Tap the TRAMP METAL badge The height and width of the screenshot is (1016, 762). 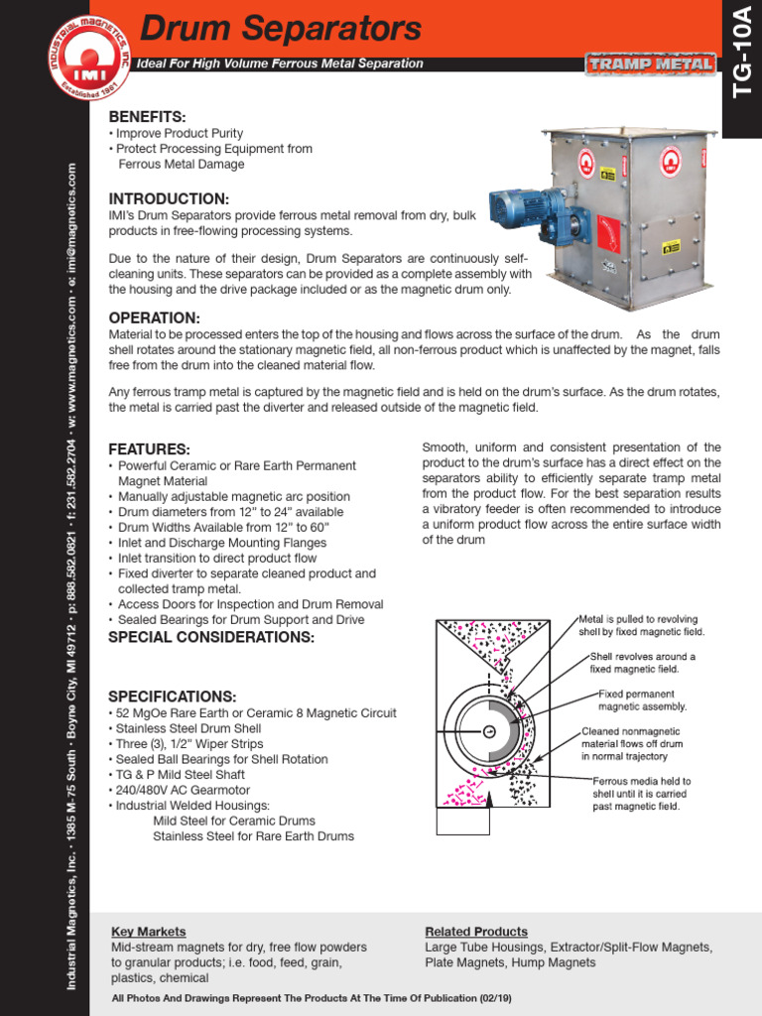click(x=650, y=64)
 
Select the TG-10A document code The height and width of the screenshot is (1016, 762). click(x=741, y=64)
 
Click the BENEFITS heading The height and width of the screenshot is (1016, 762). click(x=147, y=117)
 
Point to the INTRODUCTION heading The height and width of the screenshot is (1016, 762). click(x=169, y=198)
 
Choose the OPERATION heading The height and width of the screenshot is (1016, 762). click(x=154, y=317)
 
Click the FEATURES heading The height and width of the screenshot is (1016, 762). click(x=149, y=448)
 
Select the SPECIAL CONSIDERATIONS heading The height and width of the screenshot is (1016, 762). click(x=210, y=637)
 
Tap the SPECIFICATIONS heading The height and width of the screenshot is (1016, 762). click(x=172, y=696)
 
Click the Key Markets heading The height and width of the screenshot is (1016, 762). click(x=148, y=932)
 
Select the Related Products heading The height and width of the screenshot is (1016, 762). click(x=476, y=932)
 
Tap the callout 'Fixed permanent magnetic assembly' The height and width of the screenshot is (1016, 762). click(x=642, y=700)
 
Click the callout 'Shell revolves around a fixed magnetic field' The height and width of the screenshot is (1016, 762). click(x=642, y=663)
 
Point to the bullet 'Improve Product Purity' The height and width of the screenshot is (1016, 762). click(x=180, y=133)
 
